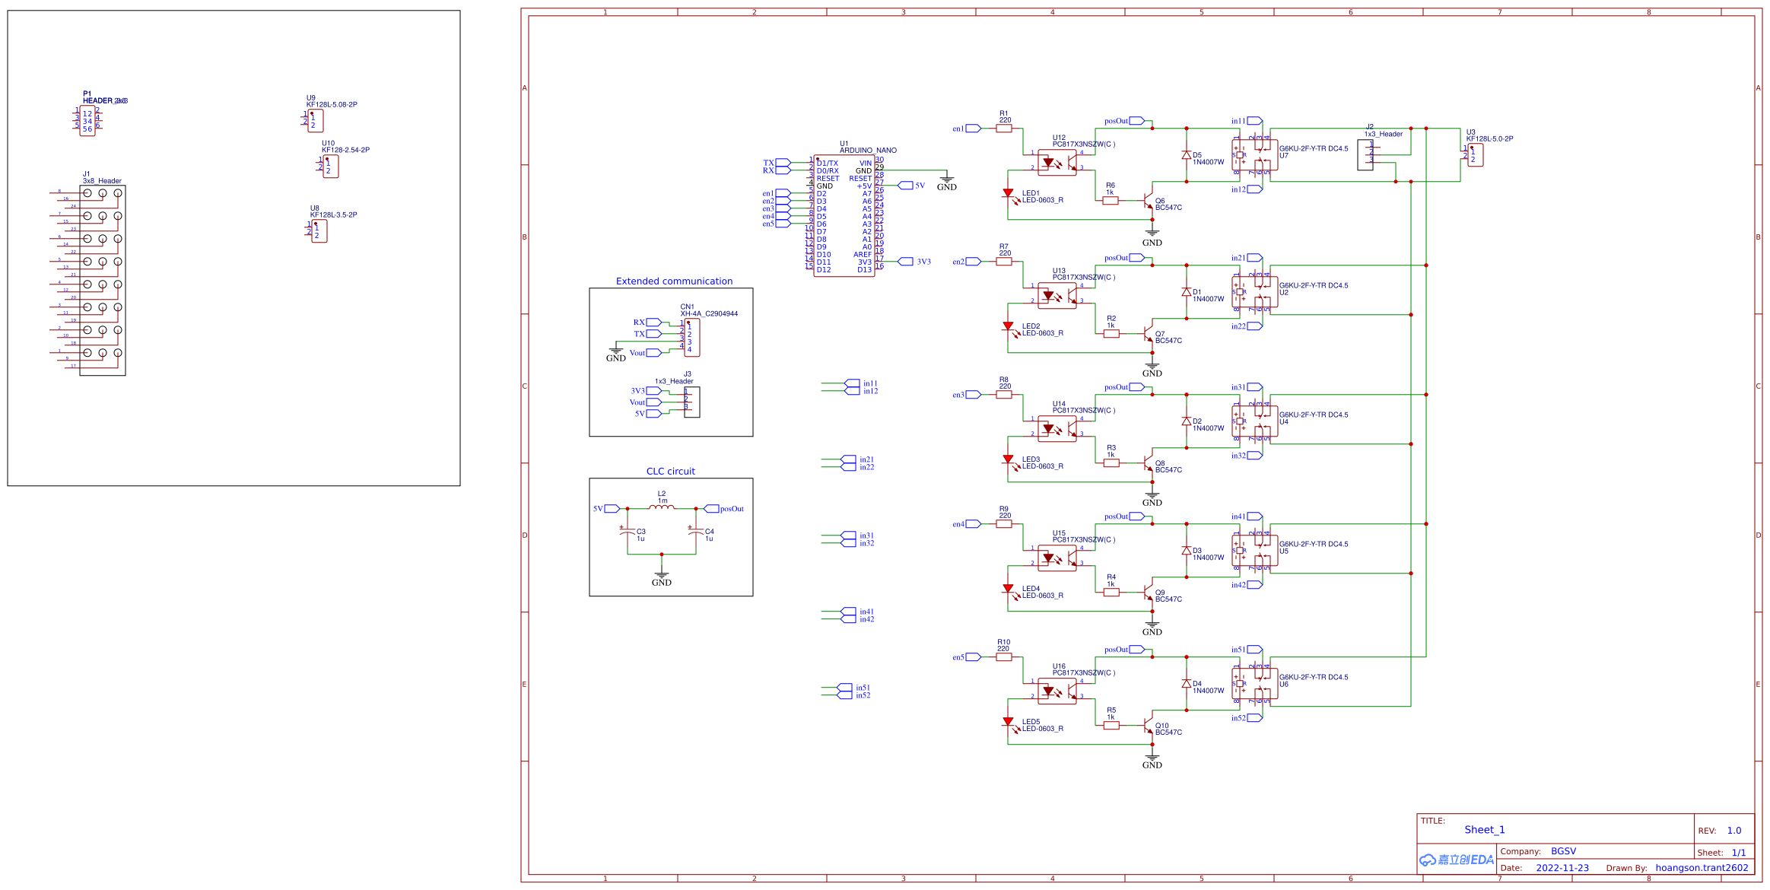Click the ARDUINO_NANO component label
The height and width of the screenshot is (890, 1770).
coord(868,150)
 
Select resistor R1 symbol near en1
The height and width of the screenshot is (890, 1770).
coord(1003,129)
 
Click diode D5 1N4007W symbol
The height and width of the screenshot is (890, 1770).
coord(1186,155)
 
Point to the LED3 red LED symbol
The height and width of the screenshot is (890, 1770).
coord(1008,460)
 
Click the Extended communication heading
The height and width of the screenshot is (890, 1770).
coord(674,281)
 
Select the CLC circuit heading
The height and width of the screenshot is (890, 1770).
coord(670,471)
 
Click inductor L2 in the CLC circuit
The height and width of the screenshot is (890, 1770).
coord(661,507)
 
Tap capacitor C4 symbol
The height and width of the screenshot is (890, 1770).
coord(695,532)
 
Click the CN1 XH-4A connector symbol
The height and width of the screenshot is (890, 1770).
coord(691,337)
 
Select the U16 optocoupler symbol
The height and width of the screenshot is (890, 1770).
coord(1057,691)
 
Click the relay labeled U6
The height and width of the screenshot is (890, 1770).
coord(1254,683)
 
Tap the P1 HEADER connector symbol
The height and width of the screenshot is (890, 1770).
coord(87,121)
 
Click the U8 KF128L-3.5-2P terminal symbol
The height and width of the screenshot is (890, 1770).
coord(319,231)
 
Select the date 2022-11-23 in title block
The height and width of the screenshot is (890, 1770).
coord(1562,868)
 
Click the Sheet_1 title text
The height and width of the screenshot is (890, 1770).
coord(1484,830)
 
